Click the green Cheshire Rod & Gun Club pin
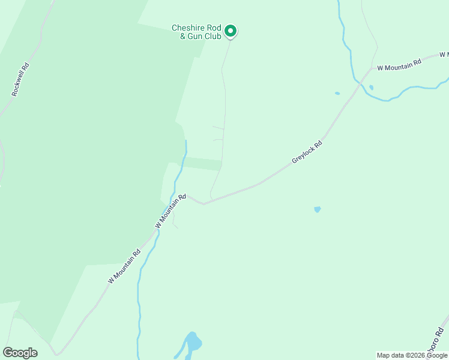click(x=230, y=31)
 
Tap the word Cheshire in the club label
click(x=188, y=28)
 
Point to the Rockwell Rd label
click(x=20, y=80)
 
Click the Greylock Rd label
click(x=307, y=152)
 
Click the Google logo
click(x=20, y=353)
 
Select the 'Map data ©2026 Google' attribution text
click(x=412, y=355)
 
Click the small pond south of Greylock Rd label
click(x=317, y=209)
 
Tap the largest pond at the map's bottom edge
click(x=193, y=343)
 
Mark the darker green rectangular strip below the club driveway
click(x=202, y=163)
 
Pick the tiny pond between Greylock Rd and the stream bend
click(x=337, y=94)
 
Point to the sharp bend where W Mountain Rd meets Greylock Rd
click(x=203, y=203)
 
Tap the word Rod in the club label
click(x=213, y=28)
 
